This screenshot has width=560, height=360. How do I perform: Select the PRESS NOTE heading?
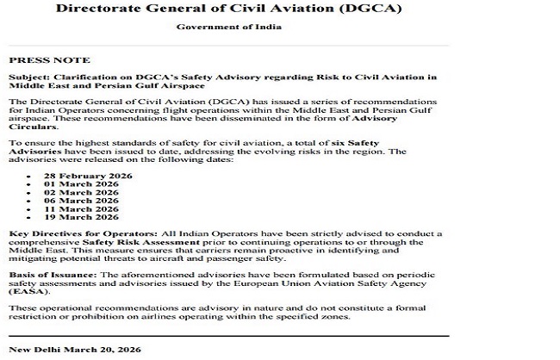[x=49, y=61]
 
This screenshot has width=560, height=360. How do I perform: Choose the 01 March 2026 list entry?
[x=81, y=183]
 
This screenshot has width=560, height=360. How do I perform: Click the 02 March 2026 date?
[x=81, y=192]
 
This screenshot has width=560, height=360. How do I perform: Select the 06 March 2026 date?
[x=81, y=201]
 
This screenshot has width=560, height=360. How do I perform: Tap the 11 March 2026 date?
[x=81, y=209]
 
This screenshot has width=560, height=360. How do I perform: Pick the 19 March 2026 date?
[x=81, y=218]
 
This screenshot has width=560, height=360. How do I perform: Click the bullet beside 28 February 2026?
[x=28, y=176]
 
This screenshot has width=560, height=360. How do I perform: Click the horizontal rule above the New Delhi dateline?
[x=228, y=335]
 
